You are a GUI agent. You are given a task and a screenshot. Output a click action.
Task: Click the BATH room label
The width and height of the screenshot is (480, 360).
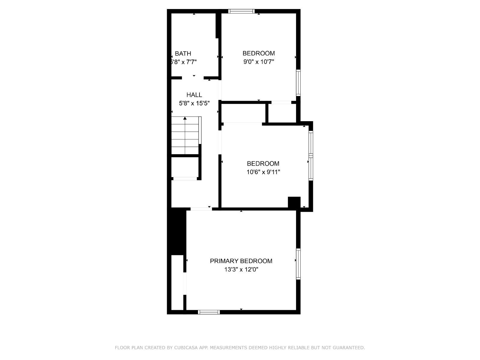click(x=183, y=54)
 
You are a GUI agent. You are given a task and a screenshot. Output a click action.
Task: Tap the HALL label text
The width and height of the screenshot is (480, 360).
click(x=194, y=95)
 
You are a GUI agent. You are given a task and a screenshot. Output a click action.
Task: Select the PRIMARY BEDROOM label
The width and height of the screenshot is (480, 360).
click(x=241, y=261)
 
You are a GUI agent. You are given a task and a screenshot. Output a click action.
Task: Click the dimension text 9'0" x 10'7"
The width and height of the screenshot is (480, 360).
click(x=259, y=62)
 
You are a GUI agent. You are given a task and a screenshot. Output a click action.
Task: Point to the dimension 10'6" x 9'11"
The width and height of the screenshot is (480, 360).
click(x=263, y=172)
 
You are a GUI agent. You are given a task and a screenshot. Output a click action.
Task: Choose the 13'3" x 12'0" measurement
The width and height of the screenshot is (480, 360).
click(x=241, y=269)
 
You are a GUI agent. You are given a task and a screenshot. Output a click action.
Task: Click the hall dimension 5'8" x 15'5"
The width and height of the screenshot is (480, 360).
click(x=194, y=103)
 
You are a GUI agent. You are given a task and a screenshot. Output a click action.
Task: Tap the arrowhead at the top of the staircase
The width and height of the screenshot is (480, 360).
click(x=185, y=118)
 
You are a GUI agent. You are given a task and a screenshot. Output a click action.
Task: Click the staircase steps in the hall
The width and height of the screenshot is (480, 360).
click(x=185, y=136)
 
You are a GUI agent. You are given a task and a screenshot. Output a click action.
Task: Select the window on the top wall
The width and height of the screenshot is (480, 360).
click(x=241, y=11)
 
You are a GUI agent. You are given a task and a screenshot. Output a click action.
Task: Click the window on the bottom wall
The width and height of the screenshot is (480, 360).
click(x=209, y=312)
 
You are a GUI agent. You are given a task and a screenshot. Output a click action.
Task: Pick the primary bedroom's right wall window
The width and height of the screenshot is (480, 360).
click(x=298, y=264)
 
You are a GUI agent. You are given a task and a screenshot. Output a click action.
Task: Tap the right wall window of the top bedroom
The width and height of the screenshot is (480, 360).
click(x=298, y=82)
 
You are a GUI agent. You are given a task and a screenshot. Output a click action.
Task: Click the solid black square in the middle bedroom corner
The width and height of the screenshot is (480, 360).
click(x=294, y=202)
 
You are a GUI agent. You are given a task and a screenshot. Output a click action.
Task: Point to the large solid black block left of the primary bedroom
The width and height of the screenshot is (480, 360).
click(x=177, y=231)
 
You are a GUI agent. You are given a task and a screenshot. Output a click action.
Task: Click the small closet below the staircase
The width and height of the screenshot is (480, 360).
click(x=185, y=167)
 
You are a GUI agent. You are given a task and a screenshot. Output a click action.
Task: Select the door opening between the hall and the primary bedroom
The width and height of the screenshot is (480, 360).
click(x=201, y=209)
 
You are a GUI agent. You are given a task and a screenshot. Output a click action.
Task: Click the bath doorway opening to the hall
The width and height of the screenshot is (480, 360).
click(x=193, y=78)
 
